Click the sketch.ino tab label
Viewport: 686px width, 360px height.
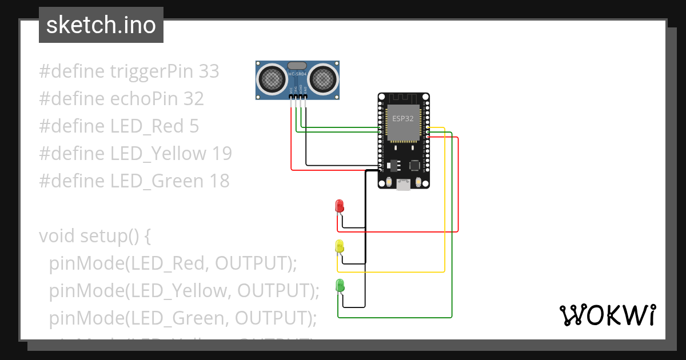pyautogui.click(x=101, y=25)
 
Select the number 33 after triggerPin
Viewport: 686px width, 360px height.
pyautogui.click(x=209, y=71)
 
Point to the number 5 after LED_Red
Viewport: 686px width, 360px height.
pyautogui.click(x=194, y=126)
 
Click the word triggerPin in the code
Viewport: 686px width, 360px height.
pyautogui.click(x=151, y=71)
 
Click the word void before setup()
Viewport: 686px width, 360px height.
pyautogui.click(x=57, y=236)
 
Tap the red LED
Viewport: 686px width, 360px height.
pyautogui.click(x=339, y=206)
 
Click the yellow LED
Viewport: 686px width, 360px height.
pyautogui.click(x=339, y=246)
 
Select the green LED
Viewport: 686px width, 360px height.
pyautogui.click(x=340, y=285)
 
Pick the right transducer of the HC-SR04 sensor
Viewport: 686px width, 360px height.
pyautogui.click(x=323, y=78)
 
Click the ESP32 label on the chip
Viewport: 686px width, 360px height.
pyautogui.click(x=403, y=118)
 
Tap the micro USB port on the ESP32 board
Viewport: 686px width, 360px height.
pyautogui.click(x=404, y=185)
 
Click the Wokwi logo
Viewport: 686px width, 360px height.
pyautogui.click(x=607, y=315)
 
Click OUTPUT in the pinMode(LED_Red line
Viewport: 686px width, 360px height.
pyautogui.click(x=252, y=263)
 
